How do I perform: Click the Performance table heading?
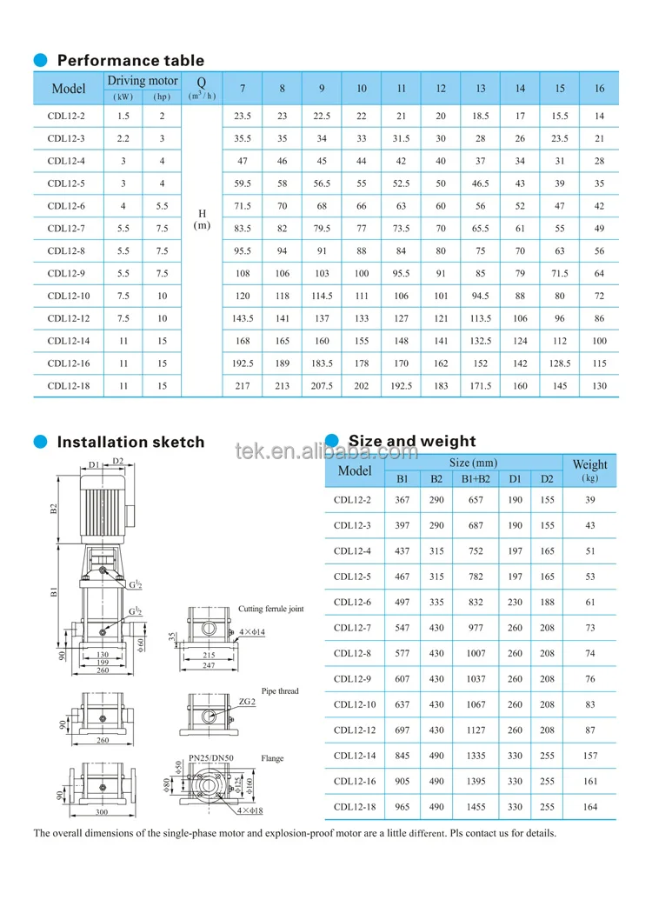[130, 61]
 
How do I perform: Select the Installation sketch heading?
[130, 442]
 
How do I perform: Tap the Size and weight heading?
[412, 441]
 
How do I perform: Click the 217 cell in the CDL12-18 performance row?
[243, 385]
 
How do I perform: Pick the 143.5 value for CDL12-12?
[243, 317]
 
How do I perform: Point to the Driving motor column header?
[143, 81]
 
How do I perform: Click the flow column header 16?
[599, 89]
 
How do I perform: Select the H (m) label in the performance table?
[202, 219]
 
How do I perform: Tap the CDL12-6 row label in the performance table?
[67, 205]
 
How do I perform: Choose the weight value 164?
[589, 806]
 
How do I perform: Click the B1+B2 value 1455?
[476, 806]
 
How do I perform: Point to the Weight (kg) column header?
[589, 470]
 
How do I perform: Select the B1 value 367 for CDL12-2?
[402, 499]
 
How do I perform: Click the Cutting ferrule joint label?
[271, 609]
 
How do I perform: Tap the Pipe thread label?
[280, 691]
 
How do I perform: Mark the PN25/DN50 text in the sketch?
[211, 758]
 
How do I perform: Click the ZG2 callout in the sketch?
[246, 701]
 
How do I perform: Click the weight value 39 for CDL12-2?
[589, 499]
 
